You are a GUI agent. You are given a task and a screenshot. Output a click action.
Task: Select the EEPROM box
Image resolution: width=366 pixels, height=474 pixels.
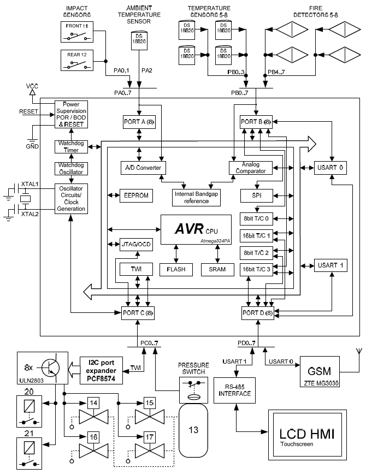[134, 195]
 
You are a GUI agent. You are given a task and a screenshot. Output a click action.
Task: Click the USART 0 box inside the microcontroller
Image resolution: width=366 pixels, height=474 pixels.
[329, 168]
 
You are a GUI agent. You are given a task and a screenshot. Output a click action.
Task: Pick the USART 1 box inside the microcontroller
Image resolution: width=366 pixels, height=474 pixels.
[329, 265]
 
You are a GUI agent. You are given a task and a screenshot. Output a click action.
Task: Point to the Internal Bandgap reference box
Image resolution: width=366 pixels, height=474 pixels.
[196, 197]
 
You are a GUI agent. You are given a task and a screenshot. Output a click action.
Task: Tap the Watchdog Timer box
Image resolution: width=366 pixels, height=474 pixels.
[70, 146]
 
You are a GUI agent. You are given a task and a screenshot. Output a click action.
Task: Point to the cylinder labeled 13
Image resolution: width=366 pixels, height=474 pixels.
[194, 429]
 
